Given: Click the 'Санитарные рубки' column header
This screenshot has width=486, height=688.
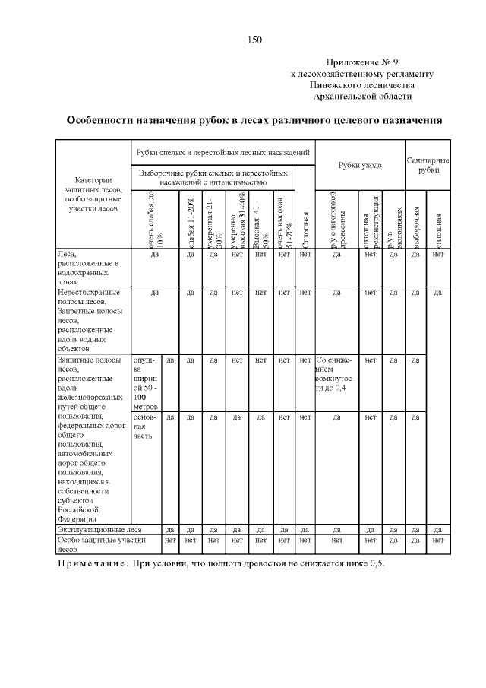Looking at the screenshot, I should pyautogui.click(x=428, y=165).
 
